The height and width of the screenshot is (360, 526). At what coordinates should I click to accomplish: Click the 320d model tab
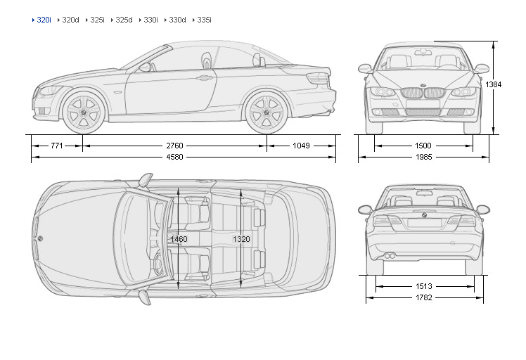pyautogui.click(x=70, y=20)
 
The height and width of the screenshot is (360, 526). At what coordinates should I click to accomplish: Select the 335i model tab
pyautogui.click(x=204, y=20)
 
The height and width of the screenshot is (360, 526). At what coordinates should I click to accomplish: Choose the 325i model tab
pyautogui.click(x=97, y=20)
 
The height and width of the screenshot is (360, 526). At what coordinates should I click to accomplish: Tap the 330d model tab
pyautogui.click(x=177, y=20)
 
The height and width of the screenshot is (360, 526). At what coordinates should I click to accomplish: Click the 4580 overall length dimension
pyautogui.click(x=174, y=157)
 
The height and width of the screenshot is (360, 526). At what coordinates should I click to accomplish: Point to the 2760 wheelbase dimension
pyautogui.click(x=174, y=146)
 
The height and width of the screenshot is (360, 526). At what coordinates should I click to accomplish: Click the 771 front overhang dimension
pyautogui.click(x=57, y=146)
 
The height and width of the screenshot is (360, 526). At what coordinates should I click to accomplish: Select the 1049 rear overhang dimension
pyautogui.click(x=301, y=146)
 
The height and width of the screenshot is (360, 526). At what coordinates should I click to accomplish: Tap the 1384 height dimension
pyautogui.click(x=494, y=84)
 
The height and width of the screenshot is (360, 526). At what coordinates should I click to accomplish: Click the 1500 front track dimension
pyautogui.click(x=423, y=146)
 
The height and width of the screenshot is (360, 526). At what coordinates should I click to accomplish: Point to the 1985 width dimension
pyautogui.click(x=423, y=157)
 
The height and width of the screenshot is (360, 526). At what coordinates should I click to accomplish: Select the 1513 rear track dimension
pyautogui.click(x=423, y=286)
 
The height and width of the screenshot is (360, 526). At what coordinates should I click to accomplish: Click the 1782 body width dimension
pyautogui.click(x=423, y=297)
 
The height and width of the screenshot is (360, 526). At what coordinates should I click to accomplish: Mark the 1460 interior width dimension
pyautogui.click(x=179, y=239)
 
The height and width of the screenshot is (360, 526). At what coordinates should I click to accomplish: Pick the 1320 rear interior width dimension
pyautogui.click(x=241, y=239)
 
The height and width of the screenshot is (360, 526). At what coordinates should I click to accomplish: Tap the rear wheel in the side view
pyautogui.click(x=267, y=112)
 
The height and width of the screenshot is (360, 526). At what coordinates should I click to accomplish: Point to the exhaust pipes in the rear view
pyautogui.click(x=388, y=255)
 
